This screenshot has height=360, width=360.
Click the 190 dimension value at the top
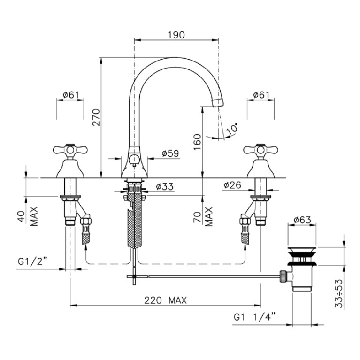click(x=176, y=35)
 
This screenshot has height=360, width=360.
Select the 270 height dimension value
click(x=96, y=117)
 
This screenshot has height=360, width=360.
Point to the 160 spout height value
click(x=197, y=142)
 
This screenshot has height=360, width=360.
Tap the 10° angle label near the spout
click(x=232, y=129)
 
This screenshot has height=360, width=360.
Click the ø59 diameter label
click(x=170, y=153)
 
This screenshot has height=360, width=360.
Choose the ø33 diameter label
click(x=165, y=186)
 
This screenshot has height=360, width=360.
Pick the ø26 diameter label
click(x=232, y=185)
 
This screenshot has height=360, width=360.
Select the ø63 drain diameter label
click(x=302, y=220)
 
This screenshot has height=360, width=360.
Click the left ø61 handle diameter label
click(x=70, y=95)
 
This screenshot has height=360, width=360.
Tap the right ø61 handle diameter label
click(x=261, y=95)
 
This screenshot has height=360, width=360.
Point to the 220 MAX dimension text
click(x=165, y=300)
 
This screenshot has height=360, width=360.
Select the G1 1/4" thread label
click(x=254, y=317)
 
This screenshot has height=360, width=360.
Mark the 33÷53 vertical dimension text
click(x=339, y=293)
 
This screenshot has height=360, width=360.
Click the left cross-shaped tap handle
click(x=70, y=150)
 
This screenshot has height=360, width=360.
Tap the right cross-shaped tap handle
click(x=261, y=150)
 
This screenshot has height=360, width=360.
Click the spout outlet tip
click(x=218, y=102)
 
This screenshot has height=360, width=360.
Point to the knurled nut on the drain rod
click(x=282, y=276)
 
